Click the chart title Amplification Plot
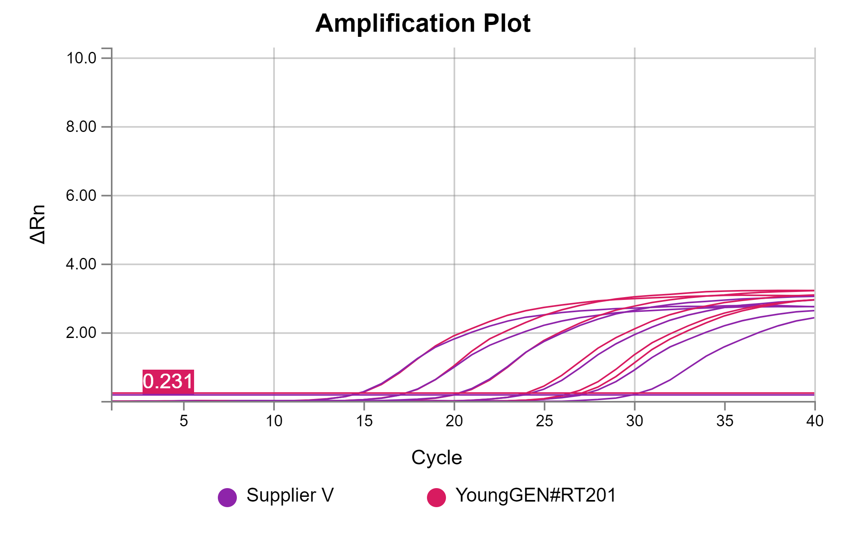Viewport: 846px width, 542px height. click(423, 23)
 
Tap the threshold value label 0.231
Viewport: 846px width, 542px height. click(168, 381)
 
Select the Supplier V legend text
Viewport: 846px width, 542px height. click(290, 495)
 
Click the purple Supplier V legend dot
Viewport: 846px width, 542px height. click(227, 497)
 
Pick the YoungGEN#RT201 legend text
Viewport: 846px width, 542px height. click(535, 495)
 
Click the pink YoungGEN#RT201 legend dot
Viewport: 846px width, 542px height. click(436, 497)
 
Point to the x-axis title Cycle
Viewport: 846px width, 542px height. click(436, 458)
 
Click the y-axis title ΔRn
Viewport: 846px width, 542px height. click(38, 224)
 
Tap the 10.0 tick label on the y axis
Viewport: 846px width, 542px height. click(81, 58)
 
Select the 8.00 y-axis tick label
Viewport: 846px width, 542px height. click(81, 127)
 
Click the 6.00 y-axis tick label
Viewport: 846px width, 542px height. click(81, 196)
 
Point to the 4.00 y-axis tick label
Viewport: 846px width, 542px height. click(81, 264)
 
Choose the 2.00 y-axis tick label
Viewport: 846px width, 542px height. click(81, 333)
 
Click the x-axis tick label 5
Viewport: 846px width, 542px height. click(184, 421)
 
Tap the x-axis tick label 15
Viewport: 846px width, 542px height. click(364, 421)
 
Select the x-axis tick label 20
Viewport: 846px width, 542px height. click(454, 421)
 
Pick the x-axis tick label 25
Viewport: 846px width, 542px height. click(545, 421)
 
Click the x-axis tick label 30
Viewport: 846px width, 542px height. click(634, 421)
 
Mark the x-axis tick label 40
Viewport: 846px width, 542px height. click(815, 421)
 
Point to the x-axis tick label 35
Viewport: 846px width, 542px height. click(725, 421)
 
